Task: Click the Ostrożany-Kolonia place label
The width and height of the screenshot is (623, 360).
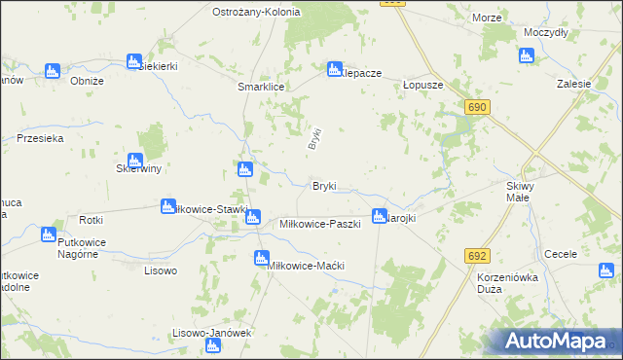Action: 257,12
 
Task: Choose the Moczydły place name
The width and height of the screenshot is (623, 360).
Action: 545,32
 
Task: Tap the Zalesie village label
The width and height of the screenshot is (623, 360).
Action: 574,85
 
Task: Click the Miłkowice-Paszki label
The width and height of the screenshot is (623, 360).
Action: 320,224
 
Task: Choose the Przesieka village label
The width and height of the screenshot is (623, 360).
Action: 40,139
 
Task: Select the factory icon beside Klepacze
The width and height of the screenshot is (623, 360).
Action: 334,69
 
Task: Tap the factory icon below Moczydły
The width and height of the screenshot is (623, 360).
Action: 527,55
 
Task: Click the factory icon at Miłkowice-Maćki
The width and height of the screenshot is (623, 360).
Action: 261,258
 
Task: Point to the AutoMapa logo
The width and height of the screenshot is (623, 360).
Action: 557,341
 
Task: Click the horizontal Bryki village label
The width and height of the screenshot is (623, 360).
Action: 324,186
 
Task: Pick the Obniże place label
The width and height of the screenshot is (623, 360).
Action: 88,81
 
